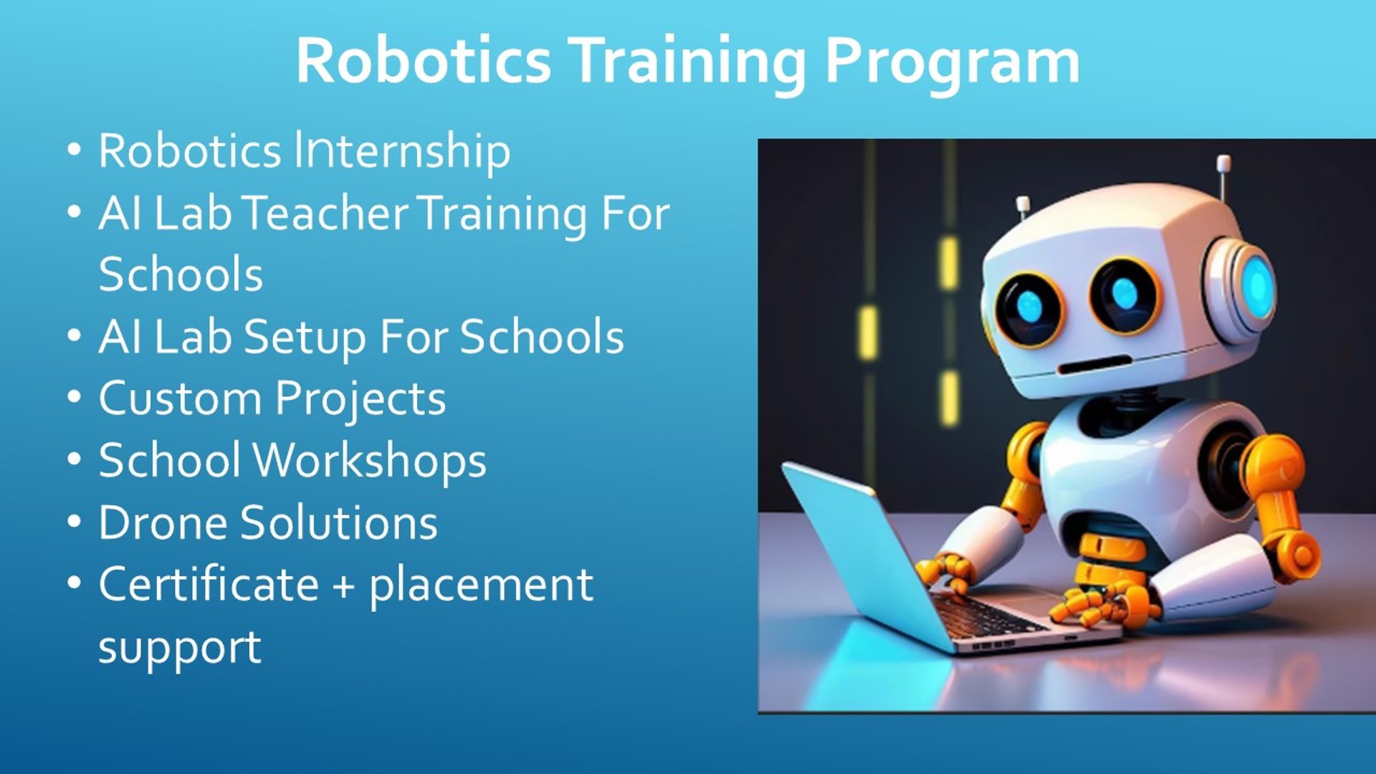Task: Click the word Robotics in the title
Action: click(x=424, y=60)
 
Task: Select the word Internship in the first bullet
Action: click(x=403, y=152)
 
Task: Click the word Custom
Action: click(x=180, y=398)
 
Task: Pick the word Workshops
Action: click(x=371, y=461)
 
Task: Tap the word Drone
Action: click(x=163, y=522)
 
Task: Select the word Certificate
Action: click(x=209, y=584)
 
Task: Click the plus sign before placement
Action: click(x=344, y=586)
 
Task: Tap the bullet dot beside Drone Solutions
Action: click(x=75, y=522)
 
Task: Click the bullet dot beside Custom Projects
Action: click(x=75, y=398)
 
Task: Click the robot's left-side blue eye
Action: click(x=1031, y=307)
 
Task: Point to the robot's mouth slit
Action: click(x=1094, y=365)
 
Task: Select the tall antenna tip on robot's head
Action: click(x=1223, y=163)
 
